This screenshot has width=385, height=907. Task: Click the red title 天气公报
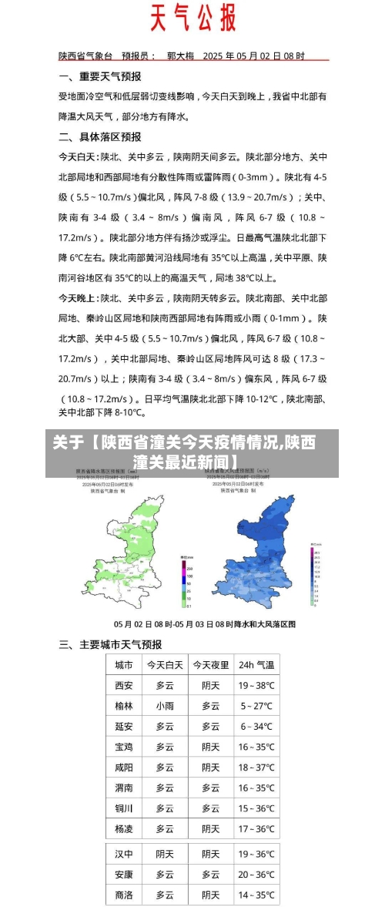click(192, 18)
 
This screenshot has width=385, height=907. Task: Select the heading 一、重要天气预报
click(100, 76)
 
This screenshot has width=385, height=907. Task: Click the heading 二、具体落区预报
click(100, 136)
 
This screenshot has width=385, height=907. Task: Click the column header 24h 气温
click(256, 665)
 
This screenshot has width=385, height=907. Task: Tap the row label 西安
click(123, 685)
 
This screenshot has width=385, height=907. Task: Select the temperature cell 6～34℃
click(256, 727)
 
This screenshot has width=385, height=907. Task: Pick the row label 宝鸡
click(123, 747)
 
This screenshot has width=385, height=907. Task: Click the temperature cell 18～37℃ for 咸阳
click(256, 768)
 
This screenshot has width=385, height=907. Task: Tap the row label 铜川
click(123, 808)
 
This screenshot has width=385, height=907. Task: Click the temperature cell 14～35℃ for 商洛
click(256, 895)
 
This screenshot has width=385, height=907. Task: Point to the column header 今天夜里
click(210, 665)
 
